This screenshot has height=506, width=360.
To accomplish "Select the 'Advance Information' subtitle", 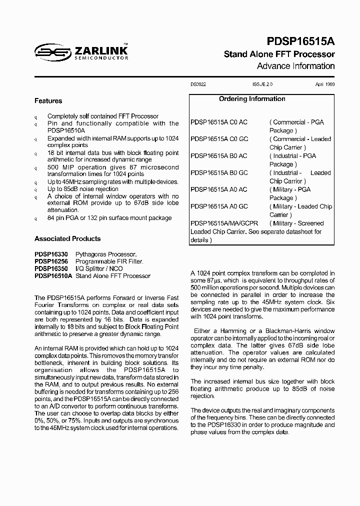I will coord(295,66).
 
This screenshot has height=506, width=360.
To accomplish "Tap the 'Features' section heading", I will coord(48,101).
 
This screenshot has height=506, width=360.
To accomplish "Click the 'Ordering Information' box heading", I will coord(252,99).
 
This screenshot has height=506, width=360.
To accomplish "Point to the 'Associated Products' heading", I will coord(67,239).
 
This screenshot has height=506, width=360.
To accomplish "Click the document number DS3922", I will coord(198,85).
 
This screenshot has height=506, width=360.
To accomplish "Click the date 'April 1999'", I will coord(325,85).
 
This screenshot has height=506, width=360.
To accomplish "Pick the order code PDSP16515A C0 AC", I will coord(219,122).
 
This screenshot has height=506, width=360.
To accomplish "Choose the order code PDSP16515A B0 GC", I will coord(219,173).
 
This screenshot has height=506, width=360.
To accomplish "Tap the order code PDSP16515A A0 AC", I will coord(219,190).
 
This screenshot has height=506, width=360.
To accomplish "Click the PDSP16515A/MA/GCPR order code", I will coord(224,223).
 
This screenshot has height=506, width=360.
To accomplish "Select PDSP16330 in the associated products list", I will coord(51,254).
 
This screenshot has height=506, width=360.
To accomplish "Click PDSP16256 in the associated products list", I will coord(51,261).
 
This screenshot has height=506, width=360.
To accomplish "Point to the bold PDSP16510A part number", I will coord(53,275).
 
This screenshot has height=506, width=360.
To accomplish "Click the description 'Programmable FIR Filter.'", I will coord(109,261).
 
